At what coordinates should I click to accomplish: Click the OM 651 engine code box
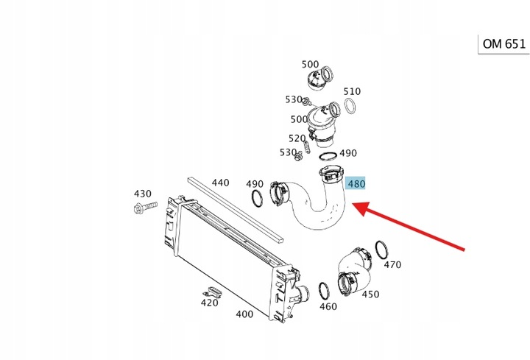[504, 43]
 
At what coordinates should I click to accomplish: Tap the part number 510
[352, 92]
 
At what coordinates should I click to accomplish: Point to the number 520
[297, 138]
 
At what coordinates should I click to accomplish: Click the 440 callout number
[220, 182]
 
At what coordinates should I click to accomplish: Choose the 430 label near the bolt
[142, 194]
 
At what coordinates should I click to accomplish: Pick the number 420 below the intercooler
[210, 302]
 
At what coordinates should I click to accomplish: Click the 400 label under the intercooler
[244, 314]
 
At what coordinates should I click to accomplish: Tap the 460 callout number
[328, 306]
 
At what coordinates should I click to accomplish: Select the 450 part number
[370, 294]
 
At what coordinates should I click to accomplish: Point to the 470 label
[392, 264]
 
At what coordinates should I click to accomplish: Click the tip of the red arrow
[356, 208]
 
